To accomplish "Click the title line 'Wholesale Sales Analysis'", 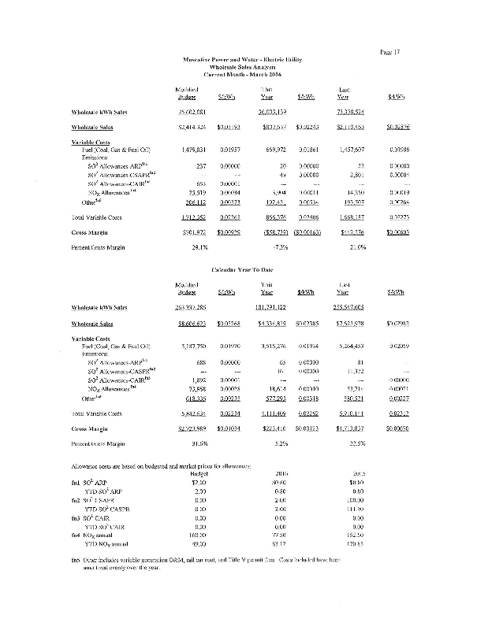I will [x=244, y=67].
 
